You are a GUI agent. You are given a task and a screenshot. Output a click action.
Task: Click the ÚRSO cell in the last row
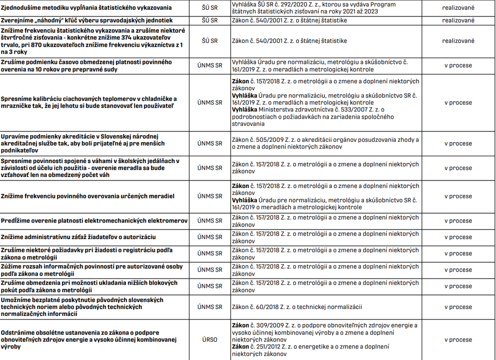(210, 340)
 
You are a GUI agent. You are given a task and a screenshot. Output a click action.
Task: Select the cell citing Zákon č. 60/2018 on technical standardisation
(297, 307)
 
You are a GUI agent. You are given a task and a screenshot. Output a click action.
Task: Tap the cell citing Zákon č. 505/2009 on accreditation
(325, 143)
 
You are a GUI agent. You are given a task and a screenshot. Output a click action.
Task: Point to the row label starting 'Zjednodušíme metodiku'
(86, 8)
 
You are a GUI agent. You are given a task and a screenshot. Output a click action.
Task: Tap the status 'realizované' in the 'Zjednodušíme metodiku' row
(458, 8)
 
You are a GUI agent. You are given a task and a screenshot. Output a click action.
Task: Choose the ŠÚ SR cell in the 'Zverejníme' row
(210, 20)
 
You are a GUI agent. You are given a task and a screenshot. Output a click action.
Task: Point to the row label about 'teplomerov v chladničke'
(88, 103)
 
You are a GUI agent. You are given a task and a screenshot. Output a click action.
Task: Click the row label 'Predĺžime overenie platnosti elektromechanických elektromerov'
(94, 221)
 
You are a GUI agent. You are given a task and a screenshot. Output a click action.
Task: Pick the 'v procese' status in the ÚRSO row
(458, 340)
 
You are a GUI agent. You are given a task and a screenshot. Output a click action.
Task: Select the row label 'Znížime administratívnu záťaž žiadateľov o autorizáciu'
(78, 237)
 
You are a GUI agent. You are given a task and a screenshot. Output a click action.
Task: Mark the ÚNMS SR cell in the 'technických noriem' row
(210, 307)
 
